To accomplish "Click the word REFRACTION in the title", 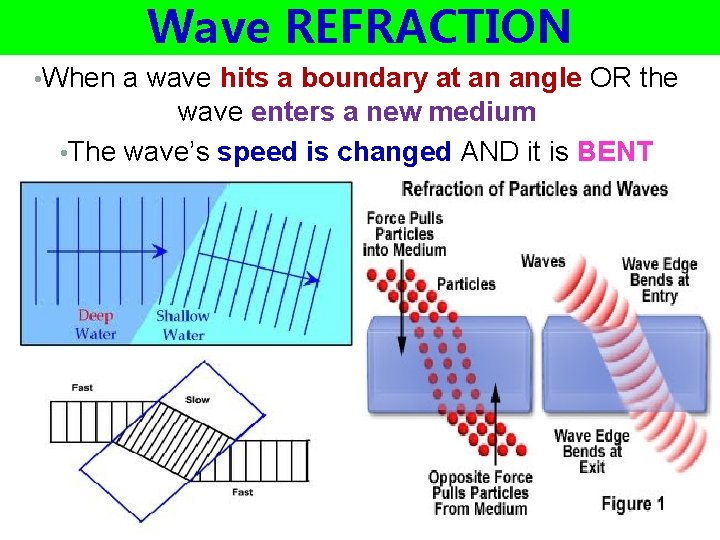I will pos(428,27).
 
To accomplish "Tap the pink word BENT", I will pos(616,152).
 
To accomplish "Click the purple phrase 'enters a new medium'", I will pos(393,112).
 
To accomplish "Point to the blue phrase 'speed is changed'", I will pos(334,152).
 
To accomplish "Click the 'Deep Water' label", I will pos(96,325).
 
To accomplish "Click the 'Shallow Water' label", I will pos(183,325).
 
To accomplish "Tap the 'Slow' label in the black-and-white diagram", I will pos(198,400).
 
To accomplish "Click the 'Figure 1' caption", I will pos(633,504).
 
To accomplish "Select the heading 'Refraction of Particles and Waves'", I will pos(534,189).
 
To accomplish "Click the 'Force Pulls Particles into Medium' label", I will pos(405,234).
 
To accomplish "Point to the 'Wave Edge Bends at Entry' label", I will pos(659,280).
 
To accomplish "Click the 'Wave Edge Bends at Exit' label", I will pos(591,451).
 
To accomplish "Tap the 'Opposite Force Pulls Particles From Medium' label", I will pos(480,493).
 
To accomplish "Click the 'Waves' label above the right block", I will pos(543,261).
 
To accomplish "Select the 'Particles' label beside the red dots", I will pos(466,284).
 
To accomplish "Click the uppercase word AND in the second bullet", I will pos(485,152).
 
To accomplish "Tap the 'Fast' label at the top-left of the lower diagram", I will pos(82,388).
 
